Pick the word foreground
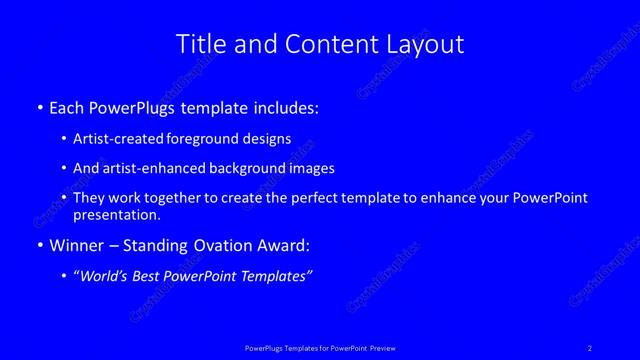point(202,139)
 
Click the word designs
point(267,139)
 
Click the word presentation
point(116,214)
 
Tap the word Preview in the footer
point(383,347)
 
